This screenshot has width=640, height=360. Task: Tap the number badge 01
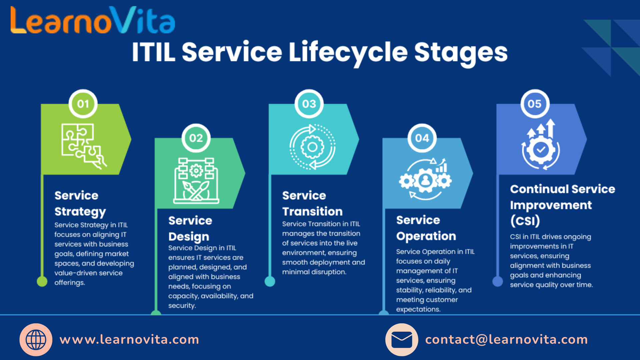point(83,104)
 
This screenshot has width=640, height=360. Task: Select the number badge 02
point(196,138)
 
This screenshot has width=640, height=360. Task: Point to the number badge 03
point(309,104)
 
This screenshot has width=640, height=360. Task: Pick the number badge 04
point(422,138)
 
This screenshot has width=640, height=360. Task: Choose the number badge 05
point(535,104)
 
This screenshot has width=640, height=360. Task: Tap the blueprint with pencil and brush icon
point(196,180)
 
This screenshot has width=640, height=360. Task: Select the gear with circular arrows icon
point(312,147)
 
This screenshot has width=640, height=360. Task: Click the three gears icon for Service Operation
point(425,179)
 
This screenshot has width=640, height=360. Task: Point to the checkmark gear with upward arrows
point(541,144)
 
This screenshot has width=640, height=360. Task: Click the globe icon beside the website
point(36,340)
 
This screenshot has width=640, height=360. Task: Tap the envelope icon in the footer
point(402,340)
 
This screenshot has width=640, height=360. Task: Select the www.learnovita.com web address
point(129,340)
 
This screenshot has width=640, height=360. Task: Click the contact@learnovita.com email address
point(506,340)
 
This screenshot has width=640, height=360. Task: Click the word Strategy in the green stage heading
point(80,212)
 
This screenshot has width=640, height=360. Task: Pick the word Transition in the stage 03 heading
point(312,211)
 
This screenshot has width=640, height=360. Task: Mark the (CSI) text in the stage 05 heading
point(525,221)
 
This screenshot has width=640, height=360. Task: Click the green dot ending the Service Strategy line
point(42,281)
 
